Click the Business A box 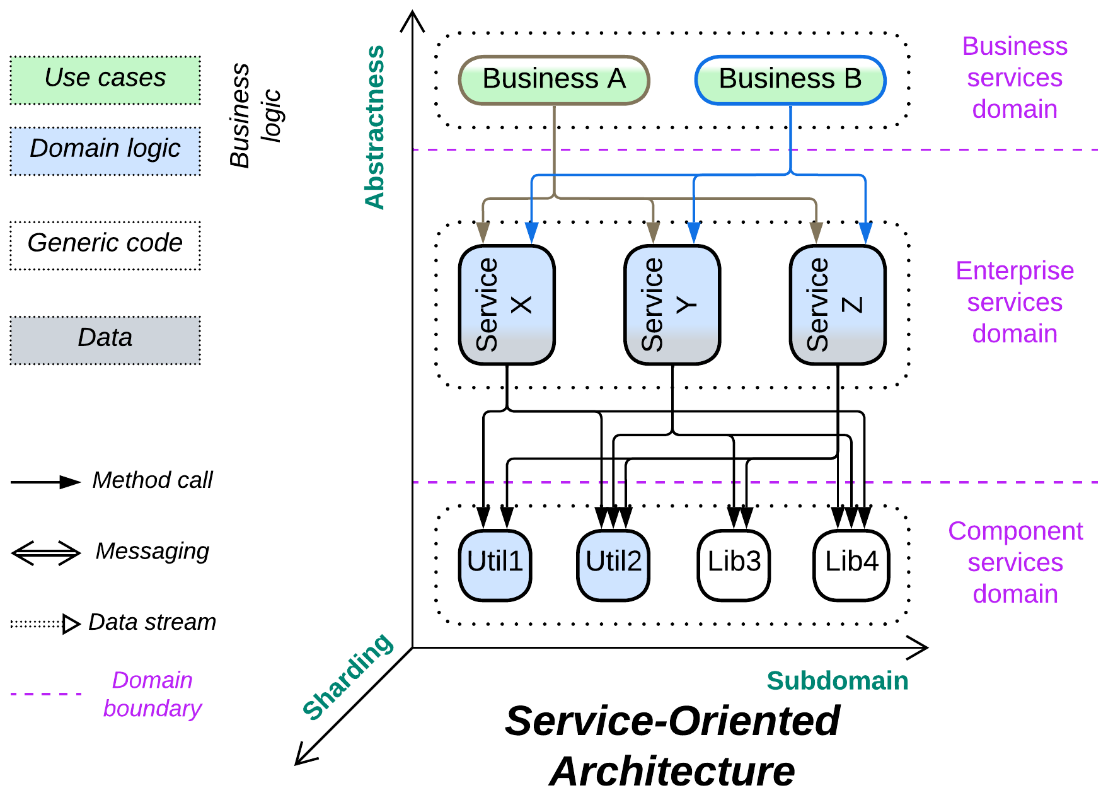coord(553,80)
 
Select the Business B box coord(790,80)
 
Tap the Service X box coord(507,304)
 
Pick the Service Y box coord(672,304)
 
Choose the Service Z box coord(837,304)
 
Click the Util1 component coord(495,565)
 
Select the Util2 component coord(613,565)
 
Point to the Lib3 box coord(734,565)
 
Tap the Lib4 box coord(851,565)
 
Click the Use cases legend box coord(105,80)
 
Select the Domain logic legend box coord(105,151)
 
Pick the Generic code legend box coord(105,245)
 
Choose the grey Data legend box coord(105,340)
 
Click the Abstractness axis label coord(374,127)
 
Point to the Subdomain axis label coord(837,681)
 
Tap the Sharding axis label coord(347,676)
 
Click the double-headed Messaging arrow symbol coord(46,553)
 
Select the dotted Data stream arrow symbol coord(46,624)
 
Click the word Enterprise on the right coord(1014,270)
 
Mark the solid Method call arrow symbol coord(46,482)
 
